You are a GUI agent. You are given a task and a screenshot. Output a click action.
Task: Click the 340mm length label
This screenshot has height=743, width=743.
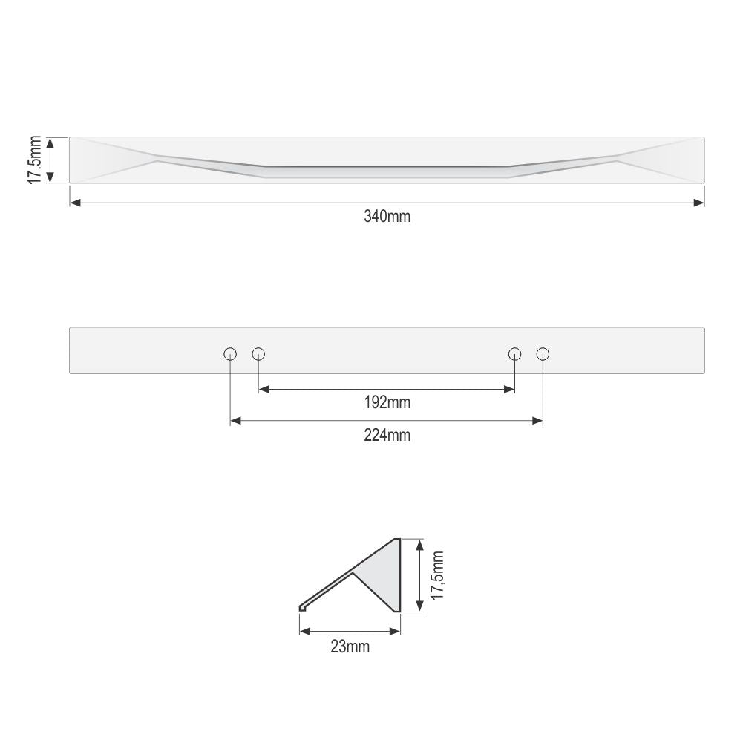pos(387,216)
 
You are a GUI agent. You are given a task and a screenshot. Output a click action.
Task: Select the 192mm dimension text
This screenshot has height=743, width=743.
pos(387,402)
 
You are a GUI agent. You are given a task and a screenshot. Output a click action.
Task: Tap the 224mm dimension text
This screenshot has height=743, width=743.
pos(387,435)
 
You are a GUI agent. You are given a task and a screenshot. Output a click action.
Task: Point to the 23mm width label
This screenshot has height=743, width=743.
pos(350,647)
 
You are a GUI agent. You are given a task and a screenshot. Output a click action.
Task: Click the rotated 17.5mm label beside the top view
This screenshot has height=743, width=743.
pos(35,160)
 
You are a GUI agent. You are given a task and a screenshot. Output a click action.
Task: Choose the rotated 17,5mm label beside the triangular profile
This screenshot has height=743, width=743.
pos(437,575)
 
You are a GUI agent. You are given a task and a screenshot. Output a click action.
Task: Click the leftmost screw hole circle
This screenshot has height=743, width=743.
pos(230,354)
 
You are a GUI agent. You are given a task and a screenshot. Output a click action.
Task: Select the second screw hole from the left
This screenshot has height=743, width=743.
pos(258,354)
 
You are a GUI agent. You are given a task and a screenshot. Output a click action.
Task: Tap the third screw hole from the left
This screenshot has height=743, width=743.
pos(514,354)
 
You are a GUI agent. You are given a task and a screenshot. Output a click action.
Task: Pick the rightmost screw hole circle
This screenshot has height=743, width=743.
pos(543,354)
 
